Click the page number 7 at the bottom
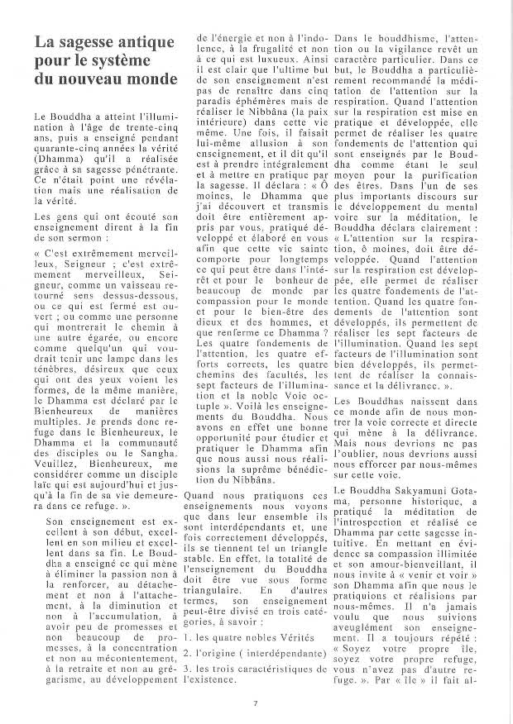click(x=256, y=704)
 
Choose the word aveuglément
click(x=375, y=624)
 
